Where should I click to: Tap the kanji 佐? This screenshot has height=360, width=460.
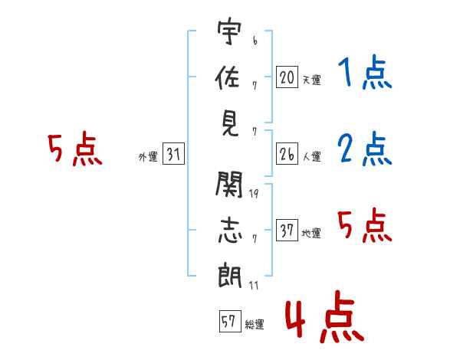(x=228, y=78)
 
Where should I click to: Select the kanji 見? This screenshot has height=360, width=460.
(x=228, y=122)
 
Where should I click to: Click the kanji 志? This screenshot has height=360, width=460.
(x=228, y=230)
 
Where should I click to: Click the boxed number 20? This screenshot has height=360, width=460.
(x=286, y=77)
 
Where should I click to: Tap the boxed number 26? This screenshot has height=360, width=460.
(x=286, y=154)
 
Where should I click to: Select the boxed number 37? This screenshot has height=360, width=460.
(x=286, y=231)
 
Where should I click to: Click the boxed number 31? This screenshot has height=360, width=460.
(x=173, y=155)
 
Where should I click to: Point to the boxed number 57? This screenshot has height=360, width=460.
(x=228, y=322)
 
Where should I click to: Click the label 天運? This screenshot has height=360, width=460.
(x=311, y=80)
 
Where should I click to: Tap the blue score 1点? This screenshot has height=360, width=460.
(x=365, y=74)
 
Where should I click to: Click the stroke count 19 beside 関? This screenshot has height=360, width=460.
(x=254, y=194)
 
